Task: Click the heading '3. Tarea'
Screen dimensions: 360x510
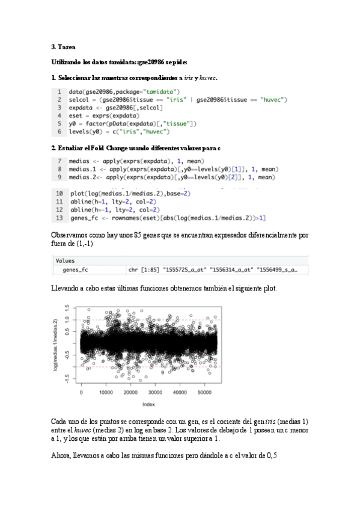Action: click(x=63, y=46)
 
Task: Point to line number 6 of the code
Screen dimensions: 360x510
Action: click(x=59, y=131)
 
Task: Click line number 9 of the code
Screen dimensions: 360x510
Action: click(x=59, y=177)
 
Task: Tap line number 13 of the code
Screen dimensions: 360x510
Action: click(x=59, y=217)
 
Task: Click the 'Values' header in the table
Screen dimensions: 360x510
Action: click(x=65, y=261)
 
